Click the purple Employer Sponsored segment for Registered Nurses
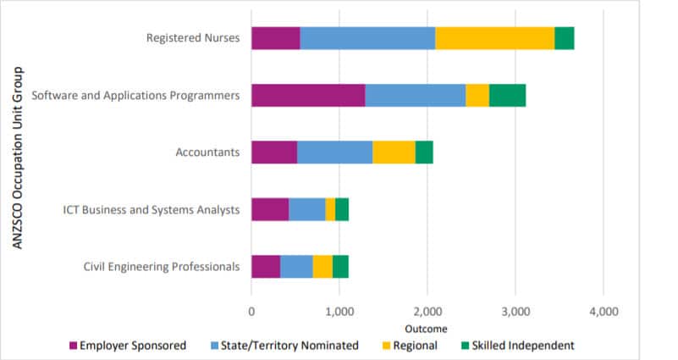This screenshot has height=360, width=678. click(276, 38)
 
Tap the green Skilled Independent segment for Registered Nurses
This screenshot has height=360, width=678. click(564, 38)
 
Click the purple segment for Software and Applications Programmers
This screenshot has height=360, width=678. click(308, 96)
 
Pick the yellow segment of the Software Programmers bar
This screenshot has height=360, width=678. click(477, 96)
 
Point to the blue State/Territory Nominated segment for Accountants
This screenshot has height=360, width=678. click(334, 152)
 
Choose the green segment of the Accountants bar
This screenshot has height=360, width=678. click(424, 152)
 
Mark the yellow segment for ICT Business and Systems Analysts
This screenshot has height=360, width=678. click(330, 209)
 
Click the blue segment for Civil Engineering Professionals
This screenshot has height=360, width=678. click(296, 266)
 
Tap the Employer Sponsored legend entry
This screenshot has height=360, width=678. click(127, 345)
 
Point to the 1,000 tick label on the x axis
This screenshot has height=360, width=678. click(339, 311)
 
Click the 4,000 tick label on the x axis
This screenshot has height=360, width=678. click(603, 311)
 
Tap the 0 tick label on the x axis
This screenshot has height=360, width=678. click(251, 311)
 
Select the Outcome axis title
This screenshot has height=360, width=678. click(427, 328)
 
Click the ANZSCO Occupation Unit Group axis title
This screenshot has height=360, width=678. click(17, 158)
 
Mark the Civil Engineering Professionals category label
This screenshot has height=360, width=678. click(162, 266)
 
